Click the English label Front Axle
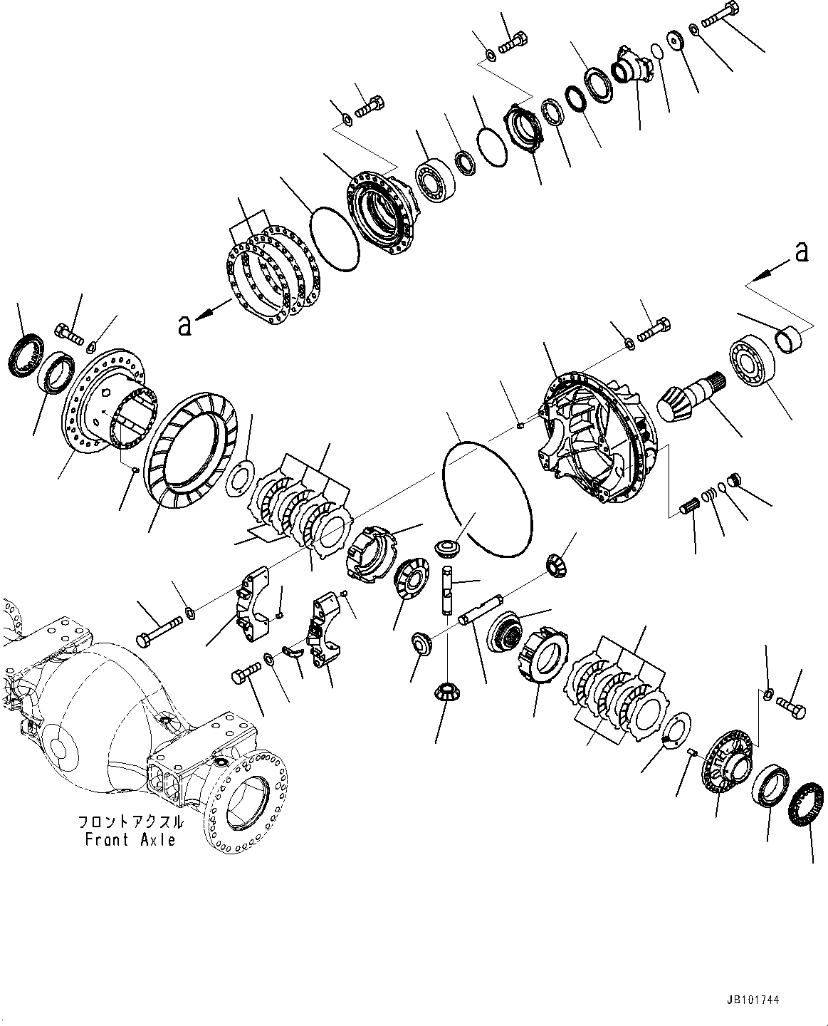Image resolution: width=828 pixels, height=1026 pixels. (130, 840)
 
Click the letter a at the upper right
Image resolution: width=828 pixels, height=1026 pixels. (802, 252)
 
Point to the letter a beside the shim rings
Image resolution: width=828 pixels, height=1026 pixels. (185, 325)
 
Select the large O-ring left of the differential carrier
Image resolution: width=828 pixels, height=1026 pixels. (488, 498)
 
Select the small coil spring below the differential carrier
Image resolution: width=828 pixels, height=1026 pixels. (709, 493)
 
